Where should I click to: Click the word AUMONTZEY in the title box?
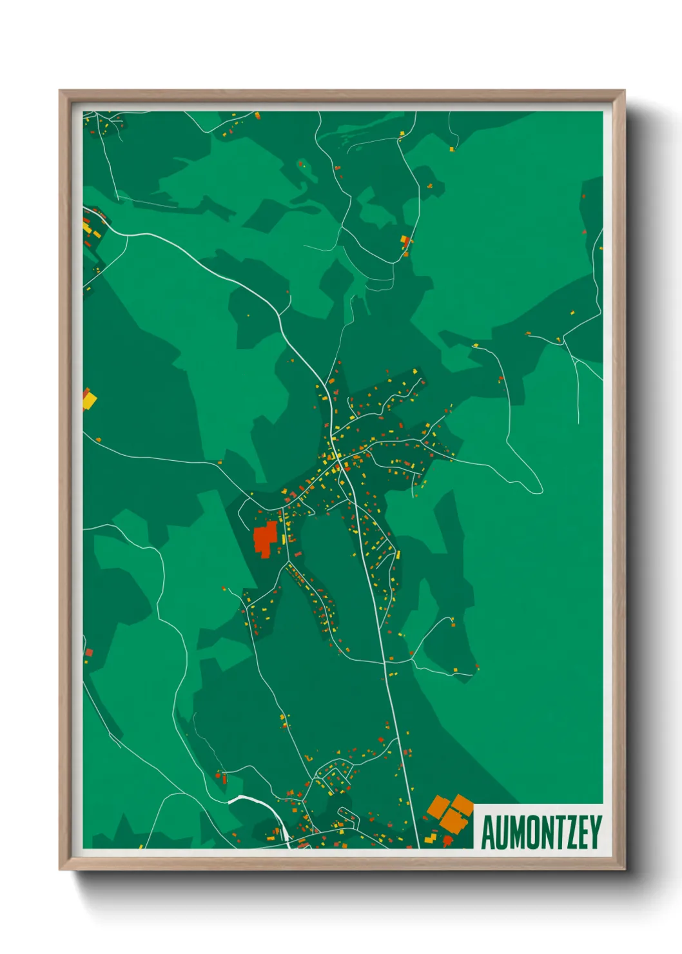[x=541, y=833]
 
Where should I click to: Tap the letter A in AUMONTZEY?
[x=487, y=833]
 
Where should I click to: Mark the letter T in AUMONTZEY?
[x=561, y=833]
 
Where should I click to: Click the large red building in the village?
[x=265, y=538]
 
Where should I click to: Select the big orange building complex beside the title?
[x=451, y=812]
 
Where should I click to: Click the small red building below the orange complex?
[x=448, y=840]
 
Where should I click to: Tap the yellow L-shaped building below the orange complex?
[x=431, y=838]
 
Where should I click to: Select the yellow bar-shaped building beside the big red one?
[x=283, y=539]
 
